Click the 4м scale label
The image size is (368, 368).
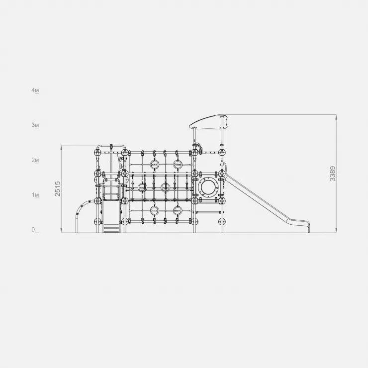pos(35,91)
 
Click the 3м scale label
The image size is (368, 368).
pos(35,125)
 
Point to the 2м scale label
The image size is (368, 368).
pos(35,160)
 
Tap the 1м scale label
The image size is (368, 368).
pos(35,195)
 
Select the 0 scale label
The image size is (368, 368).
pos(33,230)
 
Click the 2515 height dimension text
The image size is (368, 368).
pos(58,188)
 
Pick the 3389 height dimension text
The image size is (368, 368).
pos(333,174)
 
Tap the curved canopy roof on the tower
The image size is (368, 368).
pos(208,122)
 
